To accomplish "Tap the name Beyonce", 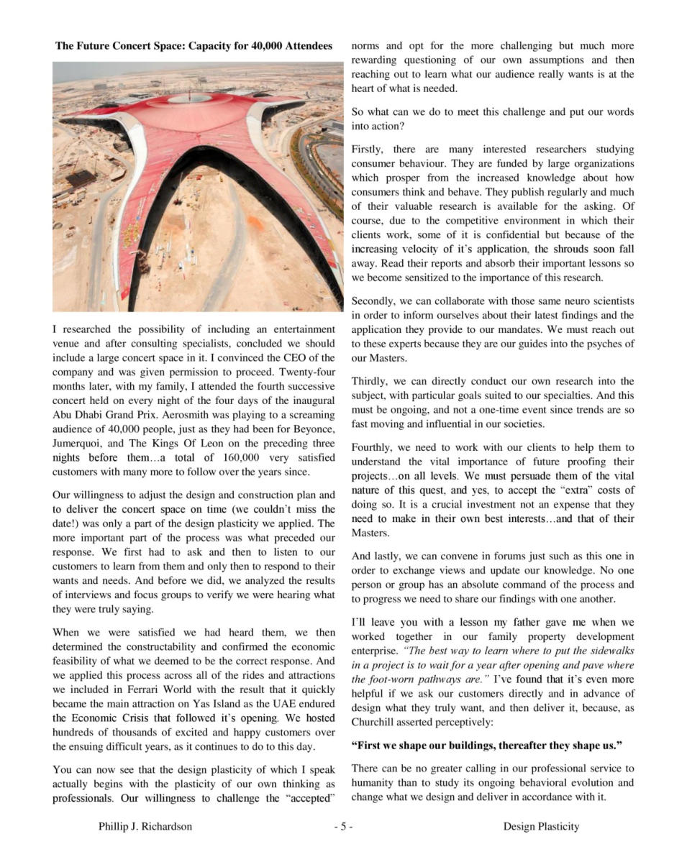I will [316, 429].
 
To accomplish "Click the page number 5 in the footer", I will [343, 827].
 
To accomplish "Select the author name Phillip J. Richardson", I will [145, 827].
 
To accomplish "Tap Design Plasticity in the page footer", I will [541, 827].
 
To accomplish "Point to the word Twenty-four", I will [306, 372].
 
